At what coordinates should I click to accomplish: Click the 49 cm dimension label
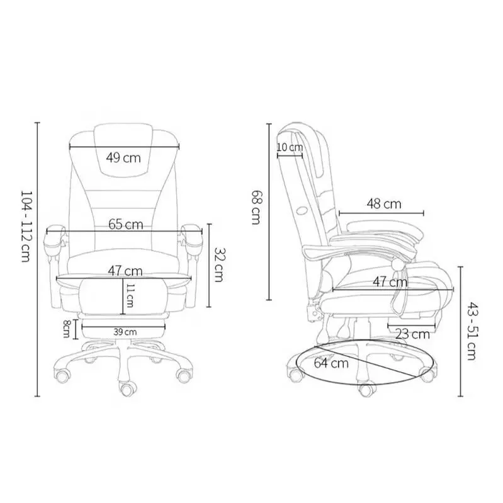(123, 158)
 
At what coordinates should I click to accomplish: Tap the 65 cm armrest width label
(125, 224)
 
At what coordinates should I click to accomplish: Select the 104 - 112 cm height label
(26, 226)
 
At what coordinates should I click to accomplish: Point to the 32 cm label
(219, 264)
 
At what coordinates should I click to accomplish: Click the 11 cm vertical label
(130, 295)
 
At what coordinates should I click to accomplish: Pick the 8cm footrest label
(66, 329)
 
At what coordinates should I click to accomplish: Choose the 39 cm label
(125, 332)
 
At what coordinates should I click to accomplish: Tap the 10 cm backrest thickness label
(290, 147)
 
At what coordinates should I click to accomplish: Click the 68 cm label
(257, 207)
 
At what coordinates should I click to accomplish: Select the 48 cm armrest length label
(384, 204)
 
